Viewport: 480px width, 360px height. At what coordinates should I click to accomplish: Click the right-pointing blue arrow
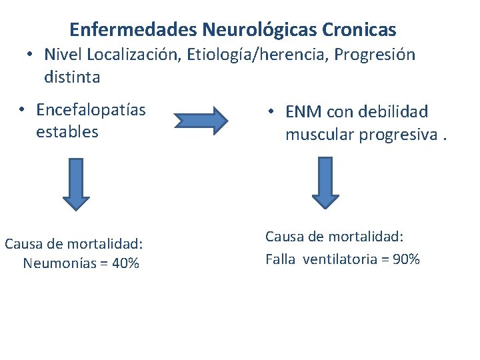pyautogui.click(x=201, y=120)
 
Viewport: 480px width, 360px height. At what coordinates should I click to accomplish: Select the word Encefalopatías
pyautogui.click(x=91, y=109)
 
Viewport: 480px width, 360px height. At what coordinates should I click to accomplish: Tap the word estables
pyautogui.click(x=67, y=131)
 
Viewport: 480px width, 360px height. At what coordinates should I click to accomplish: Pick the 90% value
pyautogui.click(x=406, y=259)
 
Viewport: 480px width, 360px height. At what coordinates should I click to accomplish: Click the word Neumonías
pyautogui.click(x=61, y=263)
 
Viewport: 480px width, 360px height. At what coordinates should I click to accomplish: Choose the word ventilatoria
pyautogui.click(x=340, y=259)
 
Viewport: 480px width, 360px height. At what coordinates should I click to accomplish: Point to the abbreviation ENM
pyautogui.click(x=303, y=112)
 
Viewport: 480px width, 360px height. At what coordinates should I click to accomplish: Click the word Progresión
pyautogui.click(x=375, y=55)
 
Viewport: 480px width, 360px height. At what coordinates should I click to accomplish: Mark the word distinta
pyautogui.click(x=72, y=77)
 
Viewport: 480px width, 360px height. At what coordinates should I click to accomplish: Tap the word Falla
pyautogui.click(x=280, y=259)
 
